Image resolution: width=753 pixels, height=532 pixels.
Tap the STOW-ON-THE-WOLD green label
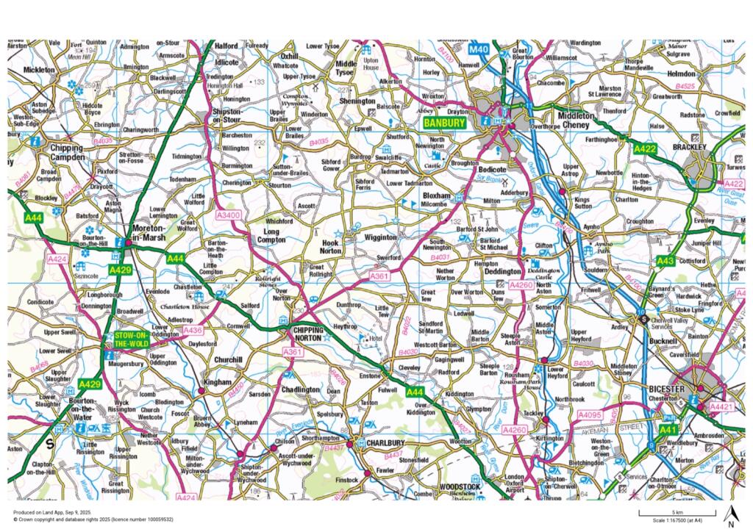coord(131,339)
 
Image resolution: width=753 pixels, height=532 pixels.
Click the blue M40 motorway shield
coord(479,49)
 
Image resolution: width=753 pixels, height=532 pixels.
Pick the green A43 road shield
coord(665,261)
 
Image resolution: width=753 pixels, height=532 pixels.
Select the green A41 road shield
coord(666,428)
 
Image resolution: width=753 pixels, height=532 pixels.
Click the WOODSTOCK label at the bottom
coord(460,487)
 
